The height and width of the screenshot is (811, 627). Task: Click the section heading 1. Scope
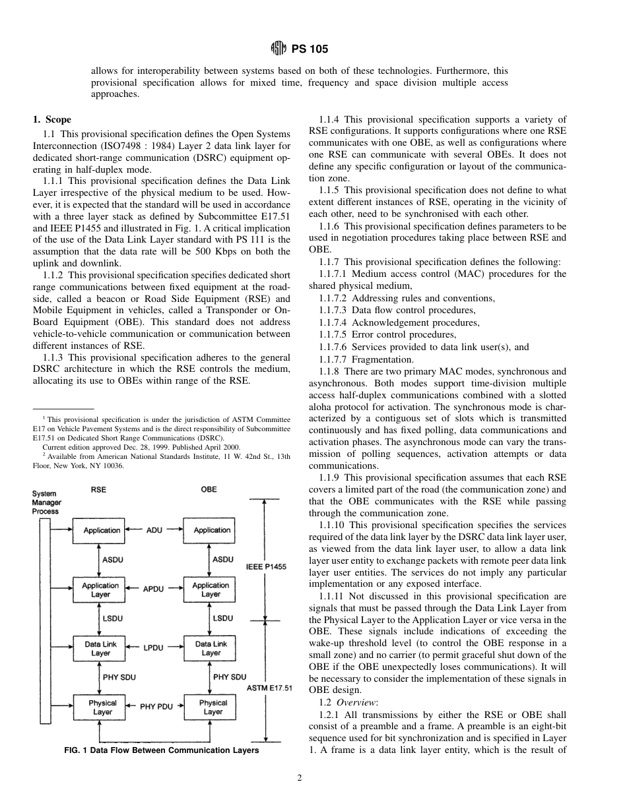coord(52,119)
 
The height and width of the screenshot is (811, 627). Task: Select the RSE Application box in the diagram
coord(101,529)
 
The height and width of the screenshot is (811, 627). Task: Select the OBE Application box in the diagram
coord(212,529)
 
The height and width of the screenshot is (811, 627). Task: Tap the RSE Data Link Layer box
coord(101,648)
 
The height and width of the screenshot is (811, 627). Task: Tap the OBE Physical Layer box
coord(213,707)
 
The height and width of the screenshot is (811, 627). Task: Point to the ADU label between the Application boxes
coord(154,529)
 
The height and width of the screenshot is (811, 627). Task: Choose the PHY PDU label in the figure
coord(156,707)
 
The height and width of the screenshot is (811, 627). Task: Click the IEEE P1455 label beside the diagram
coord(266,566)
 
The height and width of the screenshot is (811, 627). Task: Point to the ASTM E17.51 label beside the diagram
coord(269,688)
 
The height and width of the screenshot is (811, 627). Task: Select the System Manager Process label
coord(46,502)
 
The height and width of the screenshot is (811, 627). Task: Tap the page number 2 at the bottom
coord(299,778)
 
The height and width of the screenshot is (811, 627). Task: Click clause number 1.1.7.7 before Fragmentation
coord(332,359)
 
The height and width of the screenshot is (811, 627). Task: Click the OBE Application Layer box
coord(211,589)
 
